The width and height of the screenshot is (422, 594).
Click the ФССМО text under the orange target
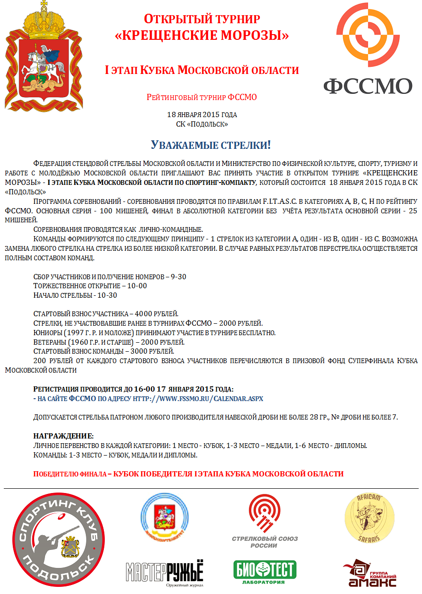(x=368, y=86)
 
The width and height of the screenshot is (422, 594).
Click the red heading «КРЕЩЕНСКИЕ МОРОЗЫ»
(x=202, y=35)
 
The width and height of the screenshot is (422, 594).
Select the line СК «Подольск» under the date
(x=202, y=124)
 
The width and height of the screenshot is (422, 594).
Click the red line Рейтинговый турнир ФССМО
(x=202, y=98)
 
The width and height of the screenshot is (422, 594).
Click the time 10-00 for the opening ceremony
(x=138, y=286)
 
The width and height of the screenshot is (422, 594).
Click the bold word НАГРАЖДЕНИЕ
(x=63, y=436)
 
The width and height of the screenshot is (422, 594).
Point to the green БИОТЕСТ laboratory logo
(x=265, y=572)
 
